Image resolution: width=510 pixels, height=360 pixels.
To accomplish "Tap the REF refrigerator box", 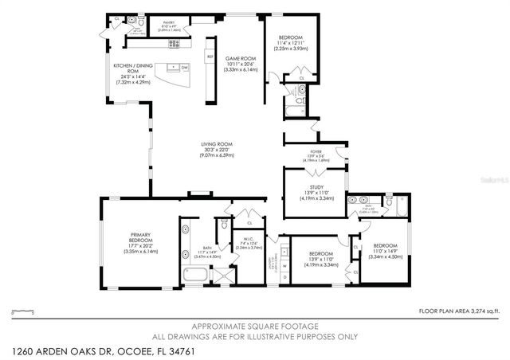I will point(210,57).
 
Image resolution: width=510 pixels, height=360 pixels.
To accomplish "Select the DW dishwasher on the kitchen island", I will point(184,68).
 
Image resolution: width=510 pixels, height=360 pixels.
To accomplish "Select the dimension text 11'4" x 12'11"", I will point(291,43).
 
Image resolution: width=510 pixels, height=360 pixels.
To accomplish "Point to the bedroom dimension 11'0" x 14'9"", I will point(385,252).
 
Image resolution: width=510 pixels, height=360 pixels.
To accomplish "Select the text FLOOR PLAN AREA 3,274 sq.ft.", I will point(458,311).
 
